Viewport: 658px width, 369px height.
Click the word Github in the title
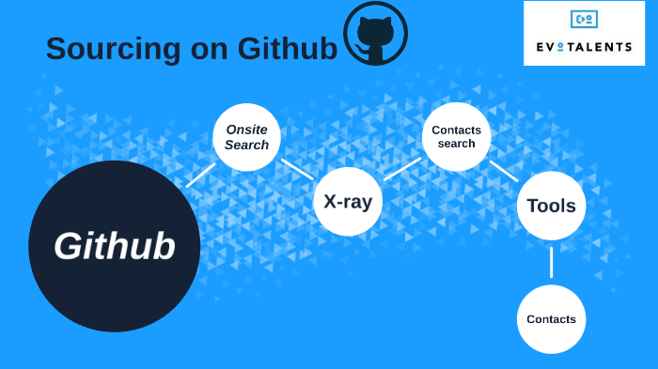[x=288, y=49]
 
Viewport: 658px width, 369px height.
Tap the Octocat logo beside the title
[x=375, y=34]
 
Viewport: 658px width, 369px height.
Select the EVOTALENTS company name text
[x=584, y=46]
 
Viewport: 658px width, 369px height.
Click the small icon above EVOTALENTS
[x=584, y=19]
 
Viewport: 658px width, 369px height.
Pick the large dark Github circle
[x=114, y=246]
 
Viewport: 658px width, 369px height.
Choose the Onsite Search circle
[x=246, y=137]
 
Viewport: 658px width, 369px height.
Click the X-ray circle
[x=348, y=201]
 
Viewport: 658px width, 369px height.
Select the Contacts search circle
[x=456, y=137]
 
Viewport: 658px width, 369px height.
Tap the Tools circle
[x=551, y=206]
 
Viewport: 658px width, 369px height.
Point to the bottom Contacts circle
[x=551, y=319]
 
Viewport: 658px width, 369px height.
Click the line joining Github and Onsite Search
[x=200, y=175]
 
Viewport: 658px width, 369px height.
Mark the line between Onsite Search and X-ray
[x=297, y=169]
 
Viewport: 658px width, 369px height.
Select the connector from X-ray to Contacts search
[x=402, y=169]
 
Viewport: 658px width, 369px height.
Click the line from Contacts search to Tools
[x=504, y=171]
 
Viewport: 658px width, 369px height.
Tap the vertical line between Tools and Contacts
[x=551, y=262]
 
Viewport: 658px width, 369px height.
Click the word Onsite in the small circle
[x=246, y=130]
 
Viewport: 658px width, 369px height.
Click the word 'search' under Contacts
[x=456, y=145]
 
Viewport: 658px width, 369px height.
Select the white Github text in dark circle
[x=114, y=246]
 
